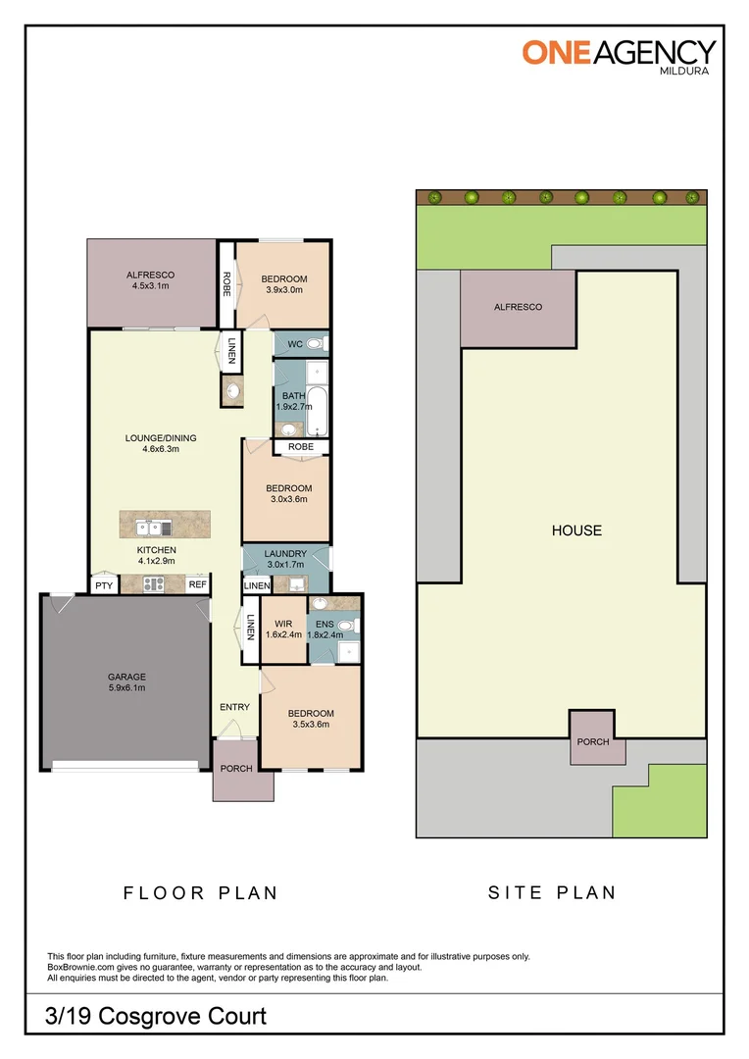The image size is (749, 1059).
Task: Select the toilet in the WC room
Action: pos(315,344)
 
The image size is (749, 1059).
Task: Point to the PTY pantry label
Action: pos(103,585)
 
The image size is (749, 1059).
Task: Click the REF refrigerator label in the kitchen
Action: pos(197,585)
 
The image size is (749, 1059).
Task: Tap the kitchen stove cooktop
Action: pos(153,584)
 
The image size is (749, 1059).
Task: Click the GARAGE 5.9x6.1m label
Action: pos(126,682)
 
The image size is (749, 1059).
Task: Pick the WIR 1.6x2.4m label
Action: pos(283,629)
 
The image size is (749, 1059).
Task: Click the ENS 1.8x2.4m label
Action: pos(325,629)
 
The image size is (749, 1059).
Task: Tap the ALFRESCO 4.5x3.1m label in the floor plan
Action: pos(149,280)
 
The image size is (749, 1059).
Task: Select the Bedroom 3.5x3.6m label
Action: pos(310,720)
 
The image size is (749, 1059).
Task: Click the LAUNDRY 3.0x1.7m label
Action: pos(285,559)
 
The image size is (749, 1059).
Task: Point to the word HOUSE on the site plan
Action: pos(576,530)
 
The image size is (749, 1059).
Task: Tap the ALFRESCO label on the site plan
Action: pos(518,307)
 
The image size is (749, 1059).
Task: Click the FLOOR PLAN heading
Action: pos(200,892)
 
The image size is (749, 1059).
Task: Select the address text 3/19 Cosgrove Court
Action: pos(156,1016)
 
